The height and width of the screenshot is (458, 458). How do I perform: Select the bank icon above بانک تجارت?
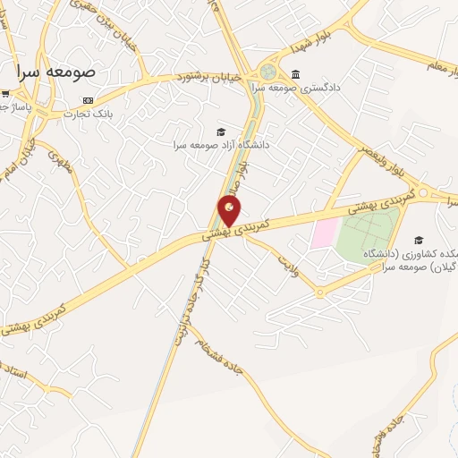[x=88, y=100]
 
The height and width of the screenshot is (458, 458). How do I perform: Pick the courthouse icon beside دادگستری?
[x=295, y=74]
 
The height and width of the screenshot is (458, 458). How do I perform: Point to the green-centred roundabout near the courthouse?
[x=267, y=72]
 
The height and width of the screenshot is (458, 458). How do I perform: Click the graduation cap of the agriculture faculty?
[x=418, y=240]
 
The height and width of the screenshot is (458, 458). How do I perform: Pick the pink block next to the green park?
[x=324, y=234]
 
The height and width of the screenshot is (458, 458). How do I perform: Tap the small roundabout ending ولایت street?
[x=320, y=292]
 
